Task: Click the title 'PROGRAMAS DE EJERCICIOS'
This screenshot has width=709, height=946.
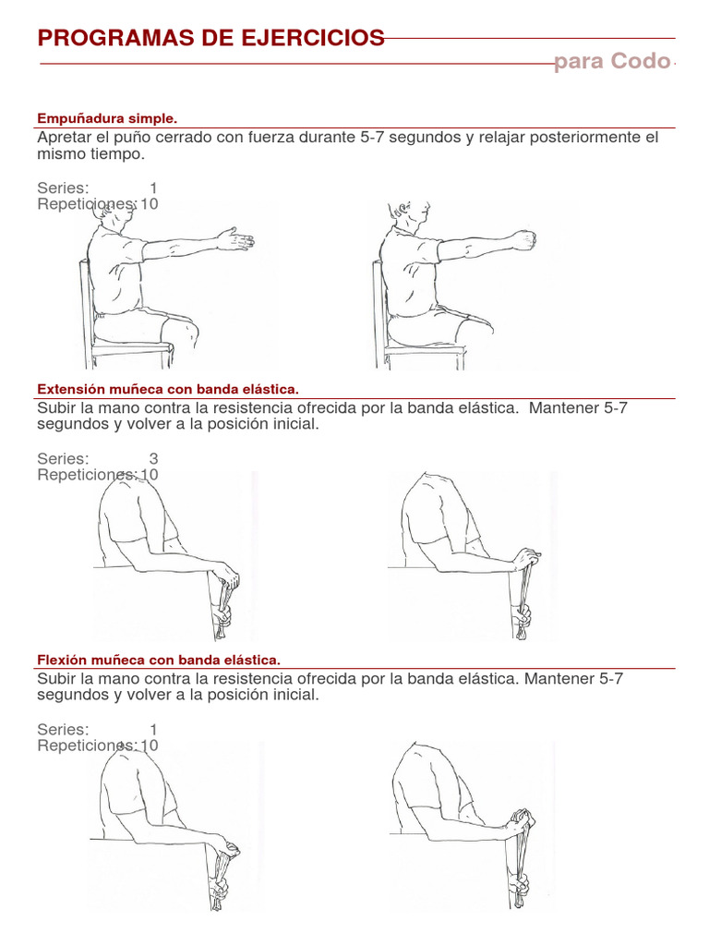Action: coord(210,38)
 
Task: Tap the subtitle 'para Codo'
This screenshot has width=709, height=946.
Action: coord(612,62)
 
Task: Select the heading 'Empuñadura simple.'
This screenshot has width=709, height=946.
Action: coord(106,118)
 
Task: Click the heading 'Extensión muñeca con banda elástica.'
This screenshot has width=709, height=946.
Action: coord(168,389)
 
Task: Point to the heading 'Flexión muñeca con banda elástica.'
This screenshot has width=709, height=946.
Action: coord(158,660)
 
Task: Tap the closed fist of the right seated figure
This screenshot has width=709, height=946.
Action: coord(523,240)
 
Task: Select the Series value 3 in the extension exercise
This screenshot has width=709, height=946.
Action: coord(153,459)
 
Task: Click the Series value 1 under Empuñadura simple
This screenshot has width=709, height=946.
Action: coord(153,188)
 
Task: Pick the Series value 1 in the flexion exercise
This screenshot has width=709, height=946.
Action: coord(153,729)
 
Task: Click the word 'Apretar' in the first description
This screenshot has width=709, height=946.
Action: coord(64,138)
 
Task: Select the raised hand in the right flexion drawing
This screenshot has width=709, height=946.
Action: coord(522,819)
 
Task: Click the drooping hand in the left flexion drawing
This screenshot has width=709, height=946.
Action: coord(225,848)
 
